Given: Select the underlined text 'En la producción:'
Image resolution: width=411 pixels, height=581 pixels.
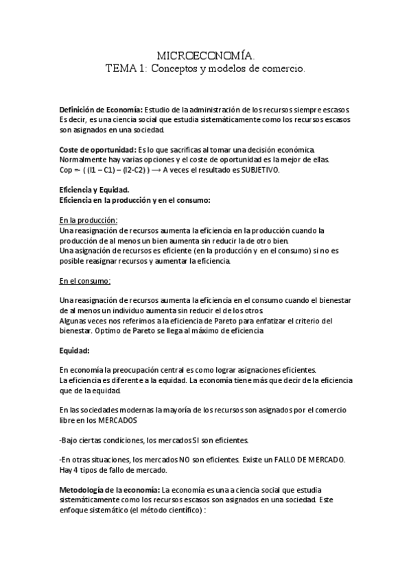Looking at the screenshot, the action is [x=89, y=220].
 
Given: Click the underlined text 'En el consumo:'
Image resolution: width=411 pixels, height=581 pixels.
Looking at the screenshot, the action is [x=85, y=281].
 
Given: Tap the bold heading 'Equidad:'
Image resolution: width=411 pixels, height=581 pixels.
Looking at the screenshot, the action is [x=75, y=351].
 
